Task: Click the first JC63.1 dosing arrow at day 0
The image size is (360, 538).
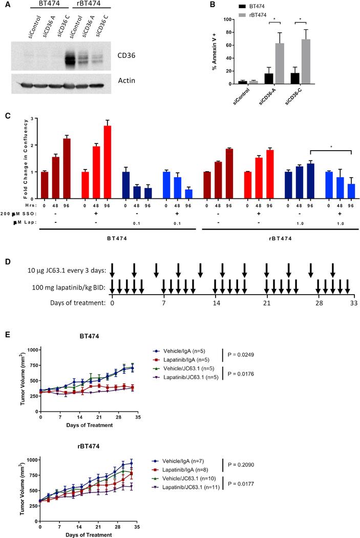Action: (113, 270)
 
